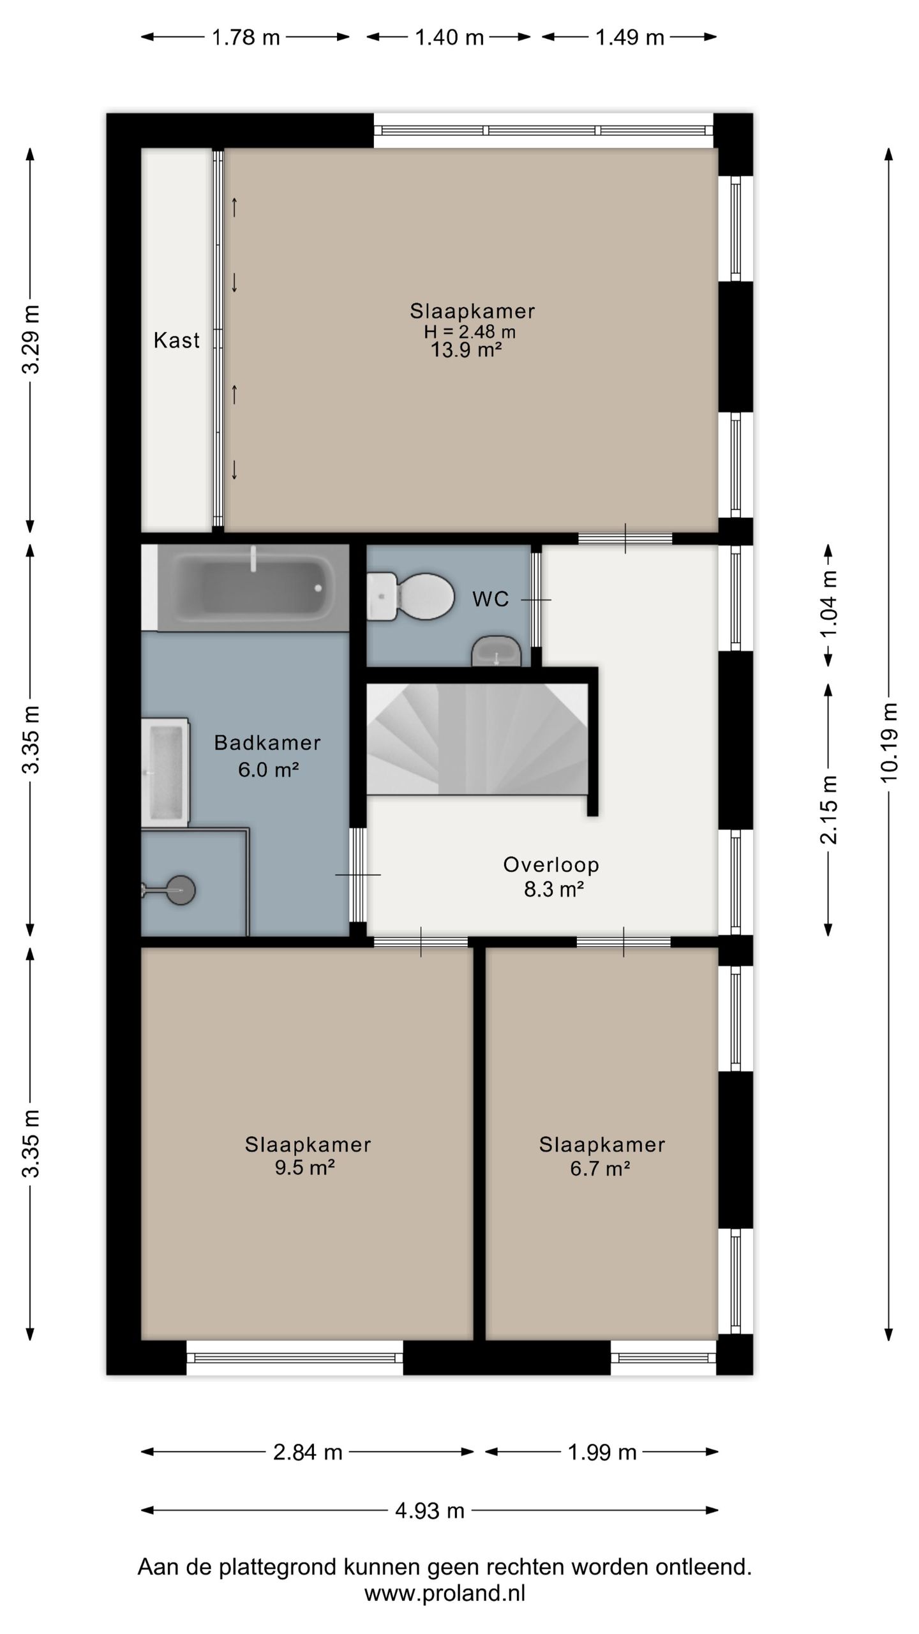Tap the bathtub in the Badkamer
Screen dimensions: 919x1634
[x=253, y=587]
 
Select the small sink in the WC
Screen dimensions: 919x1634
[x=497, y=651]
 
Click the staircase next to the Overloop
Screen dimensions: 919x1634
[x=477, y=738]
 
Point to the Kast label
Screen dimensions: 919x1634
[x=177, y=340]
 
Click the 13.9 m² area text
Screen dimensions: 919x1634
[x=466, y=350]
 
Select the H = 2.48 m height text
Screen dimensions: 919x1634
[x=470, y=331]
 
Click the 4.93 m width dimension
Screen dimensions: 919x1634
[x=430, y=1511]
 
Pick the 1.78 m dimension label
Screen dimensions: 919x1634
[x=246, y=38]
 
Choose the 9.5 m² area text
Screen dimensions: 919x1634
[x=305, y=1167]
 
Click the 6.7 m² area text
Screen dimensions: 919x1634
[x=601, y=1169]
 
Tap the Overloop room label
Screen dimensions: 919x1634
[x=551, y=865]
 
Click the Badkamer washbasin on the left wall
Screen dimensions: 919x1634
[x=165, y=772]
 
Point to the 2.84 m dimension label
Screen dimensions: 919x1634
[x=308, y=1452]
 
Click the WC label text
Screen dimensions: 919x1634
[x=491, y=599]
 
